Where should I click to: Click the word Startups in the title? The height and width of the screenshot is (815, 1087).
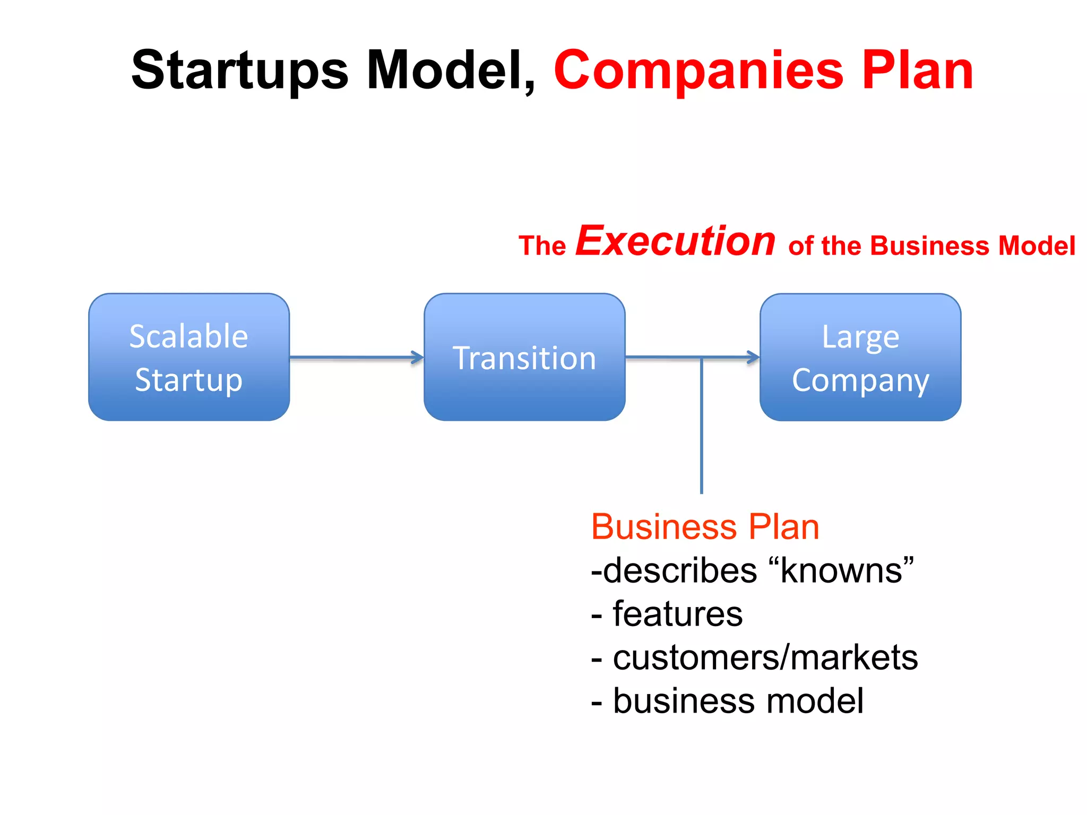point(240,71)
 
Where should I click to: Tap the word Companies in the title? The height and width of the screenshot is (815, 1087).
point(698,71)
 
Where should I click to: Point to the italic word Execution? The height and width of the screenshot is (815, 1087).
point(676,241)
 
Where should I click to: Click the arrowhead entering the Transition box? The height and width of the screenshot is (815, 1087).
point(418,358)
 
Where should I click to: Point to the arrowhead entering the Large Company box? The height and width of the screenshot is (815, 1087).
point(754,357)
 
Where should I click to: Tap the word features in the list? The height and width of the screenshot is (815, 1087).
point(677,614)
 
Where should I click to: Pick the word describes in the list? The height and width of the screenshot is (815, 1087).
point(680,571)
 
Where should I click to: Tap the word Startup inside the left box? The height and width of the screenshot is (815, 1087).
point(189,380)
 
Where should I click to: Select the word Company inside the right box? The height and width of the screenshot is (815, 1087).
point(860,381)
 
